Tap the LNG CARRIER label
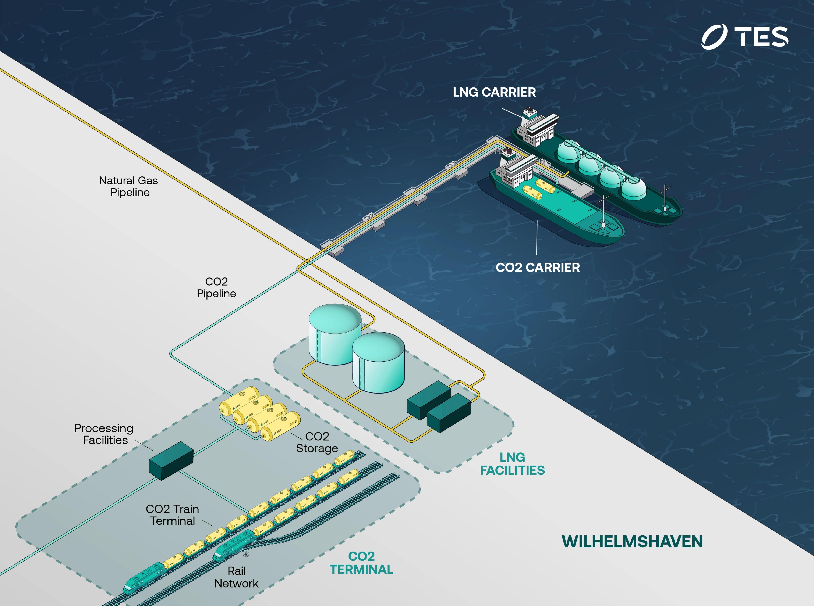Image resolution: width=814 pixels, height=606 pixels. [494, 92]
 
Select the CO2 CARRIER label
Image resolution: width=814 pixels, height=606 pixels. [538, 268]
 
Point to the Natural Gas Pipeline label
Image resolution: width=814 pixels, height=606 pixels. [129, 186]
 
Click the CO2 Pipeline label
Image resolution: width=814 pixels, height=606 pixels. [216, 288]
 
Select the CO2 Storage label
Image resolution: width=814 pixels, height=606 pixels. [317, 442]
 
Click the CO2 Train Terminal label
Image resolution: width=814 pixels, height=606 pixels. [173, 515]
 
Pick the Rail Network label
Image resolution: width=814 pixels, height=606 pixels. [236, 577]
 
